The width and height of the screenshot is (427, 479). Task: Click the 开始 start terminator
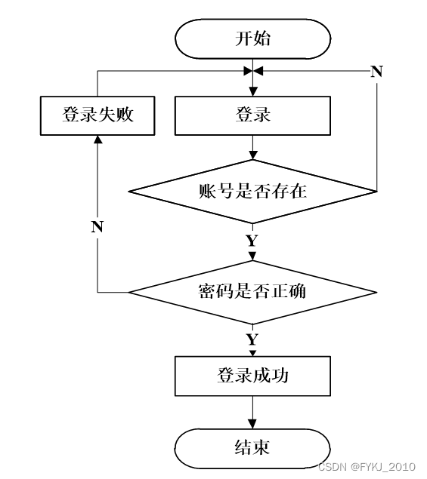(x=253, y=38)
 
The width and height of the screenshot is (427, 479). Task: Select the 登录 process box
(x=253, y=115)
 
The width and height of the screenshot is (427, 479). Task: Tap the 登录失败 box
(x=97, y=115)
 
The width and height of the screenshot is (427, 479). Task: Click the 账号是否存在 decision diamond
(x=253, y=192)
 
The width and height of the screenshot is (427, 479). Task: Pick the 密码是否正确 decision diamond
(x=253, y=293)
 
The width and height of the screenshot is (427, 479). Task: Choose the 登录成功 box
(x=253, y=376)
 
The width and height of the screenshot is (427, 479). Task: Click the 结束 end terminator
(x=253, y=448)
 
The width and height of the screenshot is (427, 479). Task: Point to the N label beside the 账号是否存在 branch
(x=376, y=72)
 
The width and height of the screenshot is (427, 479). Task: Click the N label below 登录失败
(x=97, y=227)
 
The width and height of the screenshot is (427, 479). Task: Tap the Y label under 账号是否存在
(x=252, y=241)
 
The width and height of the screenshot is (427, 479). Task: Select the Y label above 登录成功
(x=252, y=339)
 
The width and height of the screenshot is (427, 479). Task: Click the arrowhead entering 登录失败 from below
(x=97, y=140)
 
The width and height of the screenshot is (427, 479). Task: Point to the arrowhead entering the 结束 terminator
(x=252, y=424)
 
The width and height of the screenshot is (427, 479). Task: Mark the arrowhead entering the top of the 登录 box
(x=253, y=91)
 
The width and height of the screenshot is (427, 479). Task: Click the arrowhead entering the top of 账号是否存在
(x=253, y=155)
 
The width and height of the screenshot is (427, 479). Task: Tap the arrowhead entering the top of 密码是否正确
(x=253, y=256)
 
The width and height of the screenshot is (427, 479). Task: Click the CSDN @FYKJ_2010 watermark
(x=367, y=467)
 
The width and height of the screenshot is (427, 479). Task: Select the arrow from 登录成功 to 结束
(x=252, y=413)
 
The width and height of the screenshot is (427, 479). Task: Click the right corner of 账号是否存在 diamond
(x=377, y=192)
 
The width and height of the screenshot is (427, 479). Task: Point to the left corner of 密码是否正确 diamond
(x=128, y=293)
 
